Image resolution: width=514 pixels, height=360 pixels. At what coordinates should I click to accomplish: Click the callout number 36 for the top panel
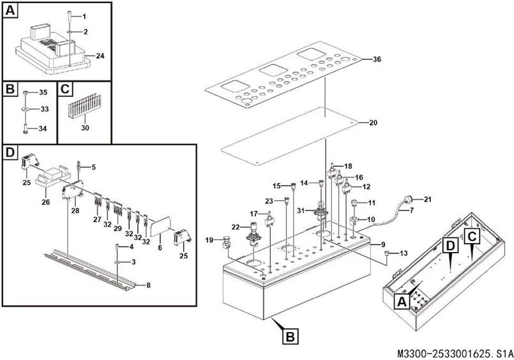coord(377,59)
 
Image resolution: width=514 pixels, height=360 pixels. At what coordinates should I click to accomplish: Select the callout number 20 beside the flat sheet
coord(373,123)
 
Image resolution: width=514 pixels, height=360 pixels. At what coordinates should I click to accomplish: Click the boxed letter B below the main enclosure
coord(290,336)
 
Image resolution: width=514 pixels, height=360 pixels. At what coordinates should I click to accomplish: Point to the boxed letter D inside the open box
coord(451,245)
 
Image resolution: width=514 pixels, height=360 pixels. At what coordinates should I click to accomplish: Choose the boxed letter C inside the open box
coord(472,235)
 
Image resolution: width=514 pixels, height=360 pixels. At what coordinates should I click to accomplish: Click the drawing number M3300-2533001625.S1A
coord(455,354)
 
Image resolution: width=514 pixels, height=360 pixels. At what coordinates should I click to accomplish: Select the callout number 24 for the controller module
coord(100,56)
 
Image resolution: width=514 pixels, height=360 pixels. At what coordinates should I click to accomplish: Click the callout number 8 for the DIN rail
coord(148,285)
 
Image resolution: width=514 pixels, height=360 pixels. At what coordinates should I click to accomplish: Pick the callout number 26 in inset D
coord(45,202)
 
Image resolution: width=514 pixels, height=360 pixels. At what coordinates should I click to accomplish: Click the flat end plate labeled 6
coord(160,226)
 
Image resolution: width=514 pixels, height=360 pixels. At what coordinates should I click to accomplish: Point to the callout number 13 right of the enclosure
coord(404,253)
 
